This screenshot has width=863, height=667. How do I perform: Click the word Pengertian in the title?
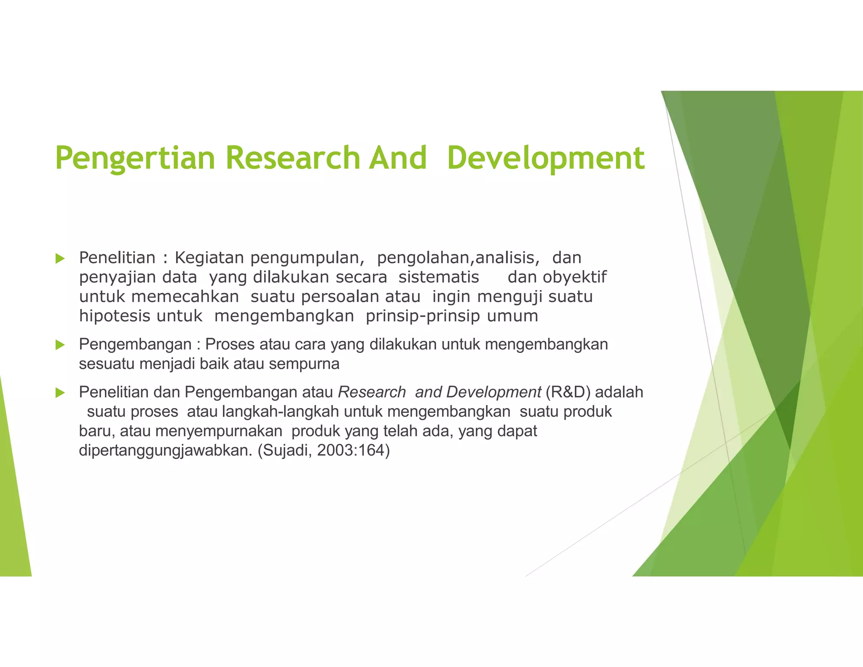click(x=135, y=158)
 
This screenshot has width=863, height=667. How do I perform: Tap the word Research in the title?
click(x=292, y=158)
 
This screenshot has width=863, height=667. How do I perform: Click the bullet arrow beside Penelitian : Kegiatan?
click(x=60, y=258)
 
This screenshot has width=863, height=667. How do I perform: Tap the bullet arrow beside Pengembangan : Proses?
click(x=60, y=345)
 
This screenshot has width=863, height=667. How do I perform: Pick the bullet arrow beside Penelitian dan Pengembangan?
click(x=60, y=393)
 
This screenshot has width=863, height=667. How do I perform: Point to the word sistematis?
click(x=439, y=277)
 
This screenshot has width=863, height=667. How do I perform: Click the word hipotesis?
click(x=108, y=316)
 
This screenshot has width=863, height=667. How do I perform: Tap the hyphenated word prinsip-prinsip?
click(x=423, y=316)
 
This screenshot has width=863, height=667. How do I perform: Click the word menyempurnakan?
click(x=218, y=431)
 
